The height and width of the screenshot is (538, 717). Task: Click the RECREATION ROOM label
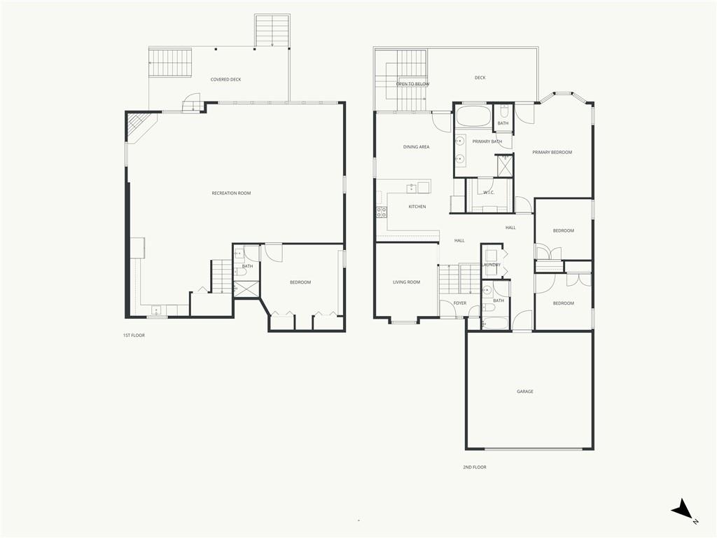point(231,193)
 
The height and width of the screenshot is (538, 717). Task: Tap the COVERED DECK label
point(226,80)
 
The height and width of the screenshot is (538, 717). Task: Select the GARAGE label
point(525,392)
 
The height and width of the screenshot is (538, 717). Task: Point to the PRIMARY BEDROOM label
point(552,152)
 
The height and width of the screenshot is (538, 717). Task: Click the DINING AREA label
point(416,147)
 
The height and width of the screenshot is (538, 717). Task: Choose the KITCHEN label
point(417,207)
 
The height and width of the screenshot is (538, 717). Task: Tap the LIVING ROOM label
point(407,282)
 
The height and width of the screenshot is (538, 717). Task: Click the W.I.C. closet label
point(489,193)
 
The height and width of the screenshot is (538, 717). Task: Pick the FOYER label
point(460,303)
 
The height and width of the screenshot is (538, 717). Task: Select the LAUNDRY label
point(491,265)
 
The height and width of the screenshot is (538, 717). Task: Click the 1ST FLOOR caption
point(134,336)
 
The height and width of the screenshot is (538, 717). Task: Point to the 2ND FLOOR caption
point(475,467)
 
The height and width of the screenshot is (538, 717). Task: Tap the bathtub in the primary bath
point(473,116)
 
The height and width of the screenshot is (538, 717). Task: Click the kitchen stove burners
point(382,212)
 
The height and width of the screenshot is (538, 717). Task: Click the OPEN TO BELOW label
point(412,84)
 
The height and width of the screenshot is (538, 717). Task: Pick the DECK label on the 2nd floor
point(480,78)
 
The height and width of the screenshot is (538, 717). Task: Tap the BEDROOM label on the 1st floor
point(300,282)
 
